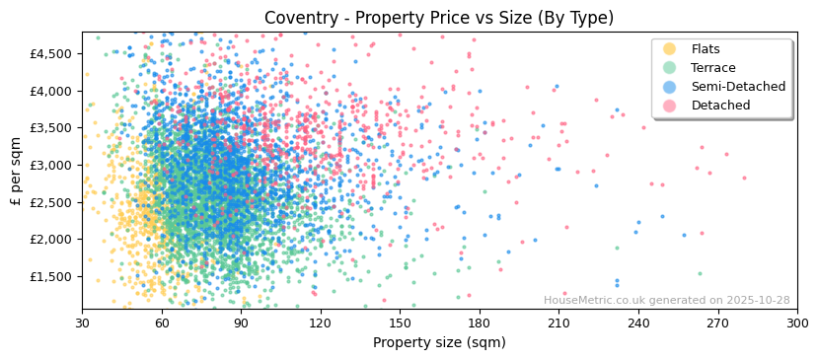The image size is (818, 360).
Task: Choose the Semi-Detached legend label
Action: click(738, 87)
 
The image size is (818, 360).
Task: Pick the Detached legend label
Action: click(720, 106)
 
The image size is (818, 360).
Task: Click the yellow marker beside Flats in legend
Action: click(670, 49)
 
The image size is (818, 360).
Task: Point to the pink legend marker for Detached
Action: click(670, 106)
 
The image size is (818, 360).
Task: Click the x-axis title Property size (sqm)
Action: click(438, 343)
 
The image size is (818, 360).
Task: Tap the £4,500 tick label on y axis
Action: click(49, 54)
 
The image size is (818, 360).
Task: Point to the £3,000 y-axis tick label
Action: click(49, 165)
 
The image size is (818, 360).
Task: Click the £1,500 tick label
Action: click(49, 276)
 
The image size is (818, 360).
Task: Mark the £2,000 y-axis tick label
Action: click(49, 239)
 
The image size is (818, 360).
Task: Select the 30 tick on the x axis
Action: click(83, 322)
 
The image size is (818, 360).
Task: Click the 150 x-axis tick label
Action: click(400, 322)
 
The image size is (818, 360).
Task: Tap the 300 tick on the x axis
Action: click(796, 322)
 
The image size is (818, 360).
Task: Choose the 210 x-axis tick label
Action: click(558, 322)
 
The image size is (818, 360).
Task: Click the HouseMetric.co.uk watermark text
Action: click(666, 301)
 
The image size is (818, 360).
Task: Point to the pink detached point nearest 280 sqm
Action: click(744, 179)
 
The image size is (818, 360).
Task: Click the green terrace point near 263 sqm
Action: click(700, 274)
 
